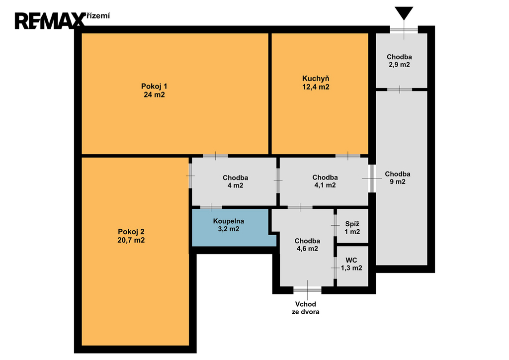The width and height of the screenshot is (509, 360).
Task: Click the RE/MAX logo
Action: (x=50, y=21)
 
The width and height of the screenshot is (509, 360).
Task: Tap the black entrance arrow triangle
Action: (x=404, y=13)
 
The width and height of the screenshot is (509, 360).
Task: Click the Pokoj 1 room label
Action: (x=154, y=90)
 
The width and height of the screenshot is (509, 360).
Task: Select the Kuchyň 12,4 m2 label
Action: (x=316, y=83)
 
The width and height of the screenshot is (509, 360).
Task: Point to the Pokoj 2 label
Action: (x=131, y=236)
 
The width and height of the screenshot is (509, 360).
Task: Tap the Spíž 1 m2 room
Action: (x=352, y=226)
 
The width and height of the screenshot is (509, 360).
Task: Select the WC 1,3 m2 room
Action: (x=352, y=266)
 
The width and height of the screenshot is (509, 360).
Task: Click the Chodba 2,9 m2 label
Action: (x=399, y=61)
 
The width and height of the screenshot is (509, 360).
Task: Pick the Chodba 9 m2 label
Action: (x=398, y=178)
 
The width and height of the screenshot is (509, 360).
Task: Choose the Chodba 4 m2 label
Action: (x=235, y=182)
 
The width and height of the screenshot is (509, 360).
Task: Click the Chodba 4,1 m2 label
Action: (x=325, y=181)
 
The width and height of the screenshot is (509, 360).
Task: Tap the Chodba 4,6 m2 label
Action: (x=307, y=245)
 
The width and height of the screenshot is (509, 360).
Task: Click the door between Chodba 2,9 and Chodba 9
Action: (x=400, y=90)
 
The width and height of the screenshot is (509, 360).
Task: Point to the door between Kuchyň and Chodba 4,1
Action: (x=347, y=156)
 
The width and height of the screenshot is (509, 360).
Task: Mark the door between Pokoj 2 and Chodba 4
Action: (x=190, y=176)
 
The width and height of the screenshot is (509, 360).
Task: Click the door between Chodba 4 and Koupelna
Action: (x=211, y=207)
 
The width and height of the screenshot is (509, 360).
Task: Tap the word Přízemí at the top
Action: (x=97, y=16)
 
